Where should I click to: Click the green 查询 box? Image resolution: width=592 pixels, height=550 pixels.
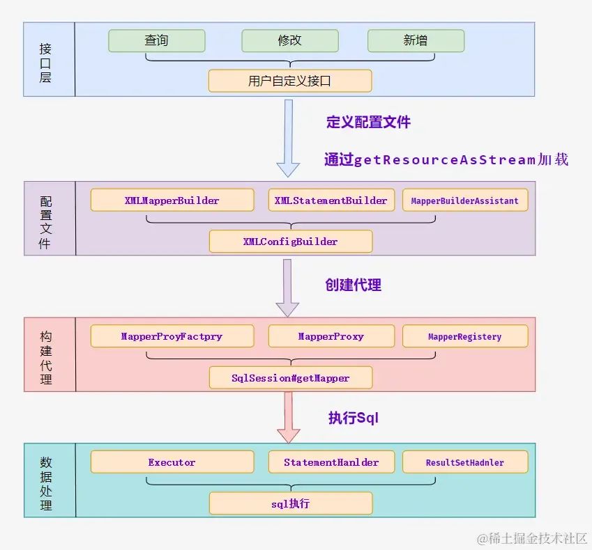pyautogui.click(x=157, y=40)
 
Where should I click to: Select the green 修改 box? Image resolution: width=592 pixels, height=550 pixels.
pyautogui.click(x=290, y=40)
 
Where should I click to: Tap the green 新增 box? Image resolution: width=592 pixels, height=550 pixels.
pyautogui.click(x=416, y=40)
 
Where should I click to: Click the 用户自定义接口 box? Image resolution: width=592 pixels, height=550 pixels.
pyautogui.click(x=290, y=81)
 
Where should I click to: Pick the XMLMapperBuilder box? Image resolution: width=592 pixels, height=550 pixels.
pyautogui.click(x=172, y=201)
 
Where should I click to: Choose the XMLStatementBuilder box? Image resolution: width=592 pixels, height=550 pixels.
pyautogui.click(x=331, y=201)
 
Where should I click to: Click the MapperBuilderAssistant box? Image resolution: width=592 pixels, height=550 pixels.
pyautogui.click(x=465, y=201)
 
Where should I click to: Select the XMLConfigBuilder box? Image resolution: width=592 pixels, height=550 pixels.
pyautogui.click(x=291, y=242)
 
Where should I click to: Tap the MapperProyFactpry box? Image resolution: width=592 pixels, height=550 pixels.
pyautogui.click(x=172, y=336)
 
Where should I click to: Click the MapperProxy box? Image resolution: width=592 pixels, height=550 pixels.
pyautogui.click(x=331, y=336)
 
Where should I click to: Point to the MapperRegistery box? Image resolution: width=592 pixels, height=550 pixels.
pyautogui.click(x=465, y=336)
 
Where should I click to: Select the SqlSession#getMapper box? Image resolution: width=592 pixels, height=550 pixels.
pyautogui.click(x=291, y=378)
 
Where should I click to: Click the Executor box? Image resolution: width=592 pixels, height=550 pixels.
pyautogui.click(x=172, y=462)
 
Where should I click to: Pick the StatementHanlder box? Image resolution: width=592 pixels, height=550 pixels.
pyautogui.click(x=331, y=462)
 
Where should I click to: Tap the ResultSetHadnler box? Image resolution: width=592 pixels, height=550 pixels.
pyautogui.click(x=465, y=462)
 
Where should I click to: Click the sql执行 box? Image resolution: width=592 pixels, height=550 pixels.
pyautogui.click(x=291, y=503)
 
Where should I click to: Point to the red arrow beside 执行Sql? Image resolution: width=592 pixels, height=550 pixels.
pyautogui.click(x=289, y=417)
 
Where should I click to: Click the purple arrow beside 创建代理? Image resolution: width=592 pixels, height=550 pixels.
pyautogui.click(x=288, y=288)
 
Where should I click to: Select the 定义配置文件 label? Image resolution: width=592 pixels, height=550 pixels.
pyautogui.click(x=368, y=122)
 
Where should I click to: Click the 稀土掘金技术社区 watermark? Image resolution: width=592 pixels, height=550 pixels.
pyautogui.click(x=532, y=538)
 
